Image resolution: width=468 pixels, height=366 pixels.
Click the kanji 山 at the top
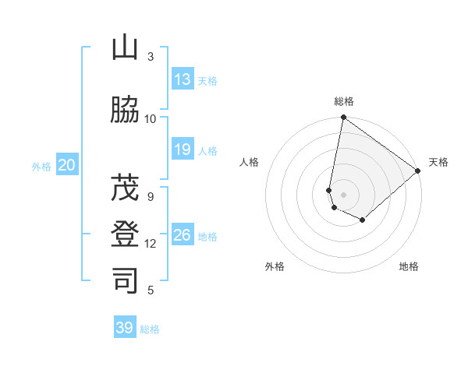125,48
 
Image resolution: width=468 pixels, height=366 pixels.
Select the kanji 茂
125,187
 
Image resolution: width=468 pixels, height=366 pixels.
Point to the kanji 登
125,234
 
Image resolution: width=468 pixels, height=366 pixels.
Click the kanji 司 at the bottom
125,280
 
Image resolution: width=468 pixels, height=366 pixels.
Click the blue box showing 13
183,79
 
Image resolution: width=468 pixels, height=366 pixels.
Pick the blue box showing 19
183,150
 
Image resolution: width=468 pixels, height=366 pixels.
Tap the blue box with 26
183,235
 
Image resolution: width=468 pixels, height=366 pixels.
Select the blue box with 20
67,165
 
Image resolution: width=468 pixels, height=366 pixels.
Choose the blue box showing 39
125,328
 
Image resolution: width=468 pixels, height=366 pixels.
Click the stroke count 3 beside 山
151,56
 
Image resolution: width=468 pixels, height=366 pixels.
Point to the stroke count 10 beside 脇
151,118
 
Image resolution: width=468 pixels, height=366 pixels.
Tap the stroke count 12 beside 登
151,244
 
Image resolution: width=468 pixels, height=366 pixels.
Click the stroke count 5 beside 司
151,290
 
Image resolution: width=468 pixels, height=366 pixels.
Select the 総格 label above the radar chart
343,101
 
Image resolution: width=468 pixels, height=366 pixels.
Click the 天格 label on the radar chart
438,162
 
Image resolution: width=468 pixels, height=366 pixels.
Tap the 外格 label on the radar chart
274,266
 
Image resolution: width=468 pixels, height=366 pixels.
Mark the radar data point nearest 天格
418,171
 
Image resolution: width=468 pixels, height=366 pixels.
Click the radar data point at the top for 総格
343,118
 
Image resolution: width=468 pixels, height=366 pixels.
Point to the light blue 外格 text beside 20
41,166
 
